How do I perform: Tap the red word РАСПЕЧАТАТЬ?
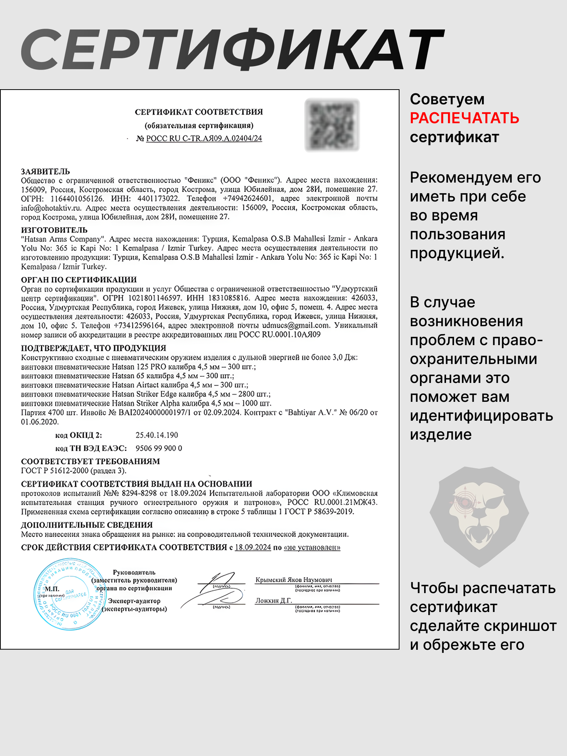(x=464, y=118)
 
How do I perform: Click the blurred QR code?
(x=332, y=124)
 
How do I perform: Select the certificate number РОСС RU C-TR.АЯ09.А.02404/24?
(x=204, y=138)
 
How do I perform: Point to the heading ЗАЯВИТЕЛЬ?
(x=45, y=171)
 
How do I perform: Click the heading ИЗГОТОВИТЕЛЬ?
(x=54, y=230)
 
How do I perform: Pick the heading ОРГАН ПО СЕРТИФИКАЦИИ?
(x=79, y=280)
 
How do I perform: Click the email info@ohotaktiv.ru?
(x=51, y=208)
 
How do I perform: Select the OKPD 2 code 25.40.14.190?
(x=156, y=435)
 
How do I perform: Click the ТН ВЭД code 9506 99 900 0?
(x=159, y=448)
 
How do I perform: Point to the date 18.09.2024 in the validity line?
(x=253, y=547)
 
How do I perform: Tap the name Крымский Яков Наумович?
(x=294, y=580)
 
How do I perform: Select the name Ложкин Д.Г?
(x=274, y=601)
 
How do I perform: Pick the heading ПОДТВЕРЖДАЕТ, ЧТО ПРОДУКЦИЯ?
(x=93, y=348)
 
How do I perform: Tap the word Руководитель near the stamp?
(x=134, y=572)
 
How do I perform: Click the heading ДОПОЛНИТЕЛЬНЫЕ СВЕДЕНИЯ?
(x=87, y=525)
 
